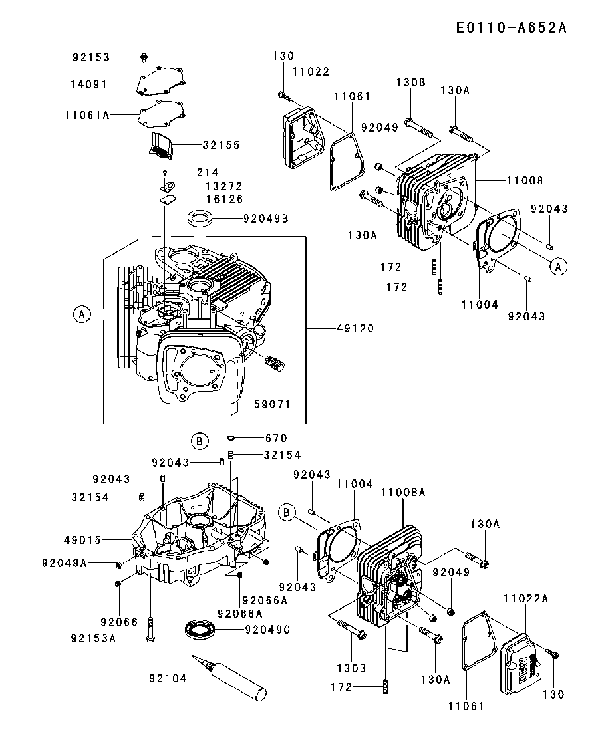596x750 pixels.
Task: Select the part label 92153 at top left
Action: pyautogui.click(x=91, y=58)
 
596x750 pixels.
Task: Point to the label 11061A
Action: pyautogui.click(x=87, y=115)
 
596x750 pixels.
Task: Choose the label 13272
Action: pyautogui.click(x=223, y=186)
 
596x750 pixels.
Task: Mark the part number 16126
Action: pyautogui.click(x=223, y=199)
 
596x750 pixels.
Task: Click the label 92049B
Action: pyautogui.click(x=265, y=217)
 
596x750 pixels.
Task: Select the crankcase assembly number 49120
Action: pyautogui.click(x=356, y=328)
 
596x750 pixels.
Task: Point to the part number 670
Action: pyautogui.click(x=277, y=438)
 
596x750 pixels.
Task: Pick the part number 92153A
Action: pyautogui.click(x=94, y=638)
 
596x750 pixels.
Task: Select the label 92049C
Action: pyautogui.click(x=267, y=628)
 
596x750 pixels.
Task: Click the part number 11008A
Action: pyautogui.click(x=403, y=493)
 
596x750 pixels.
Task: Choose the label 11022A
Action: pyautogui.click(x=525, y=599)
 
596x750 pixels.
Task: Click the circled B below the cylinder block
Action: pyautogui.click(x=199, y=440)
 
